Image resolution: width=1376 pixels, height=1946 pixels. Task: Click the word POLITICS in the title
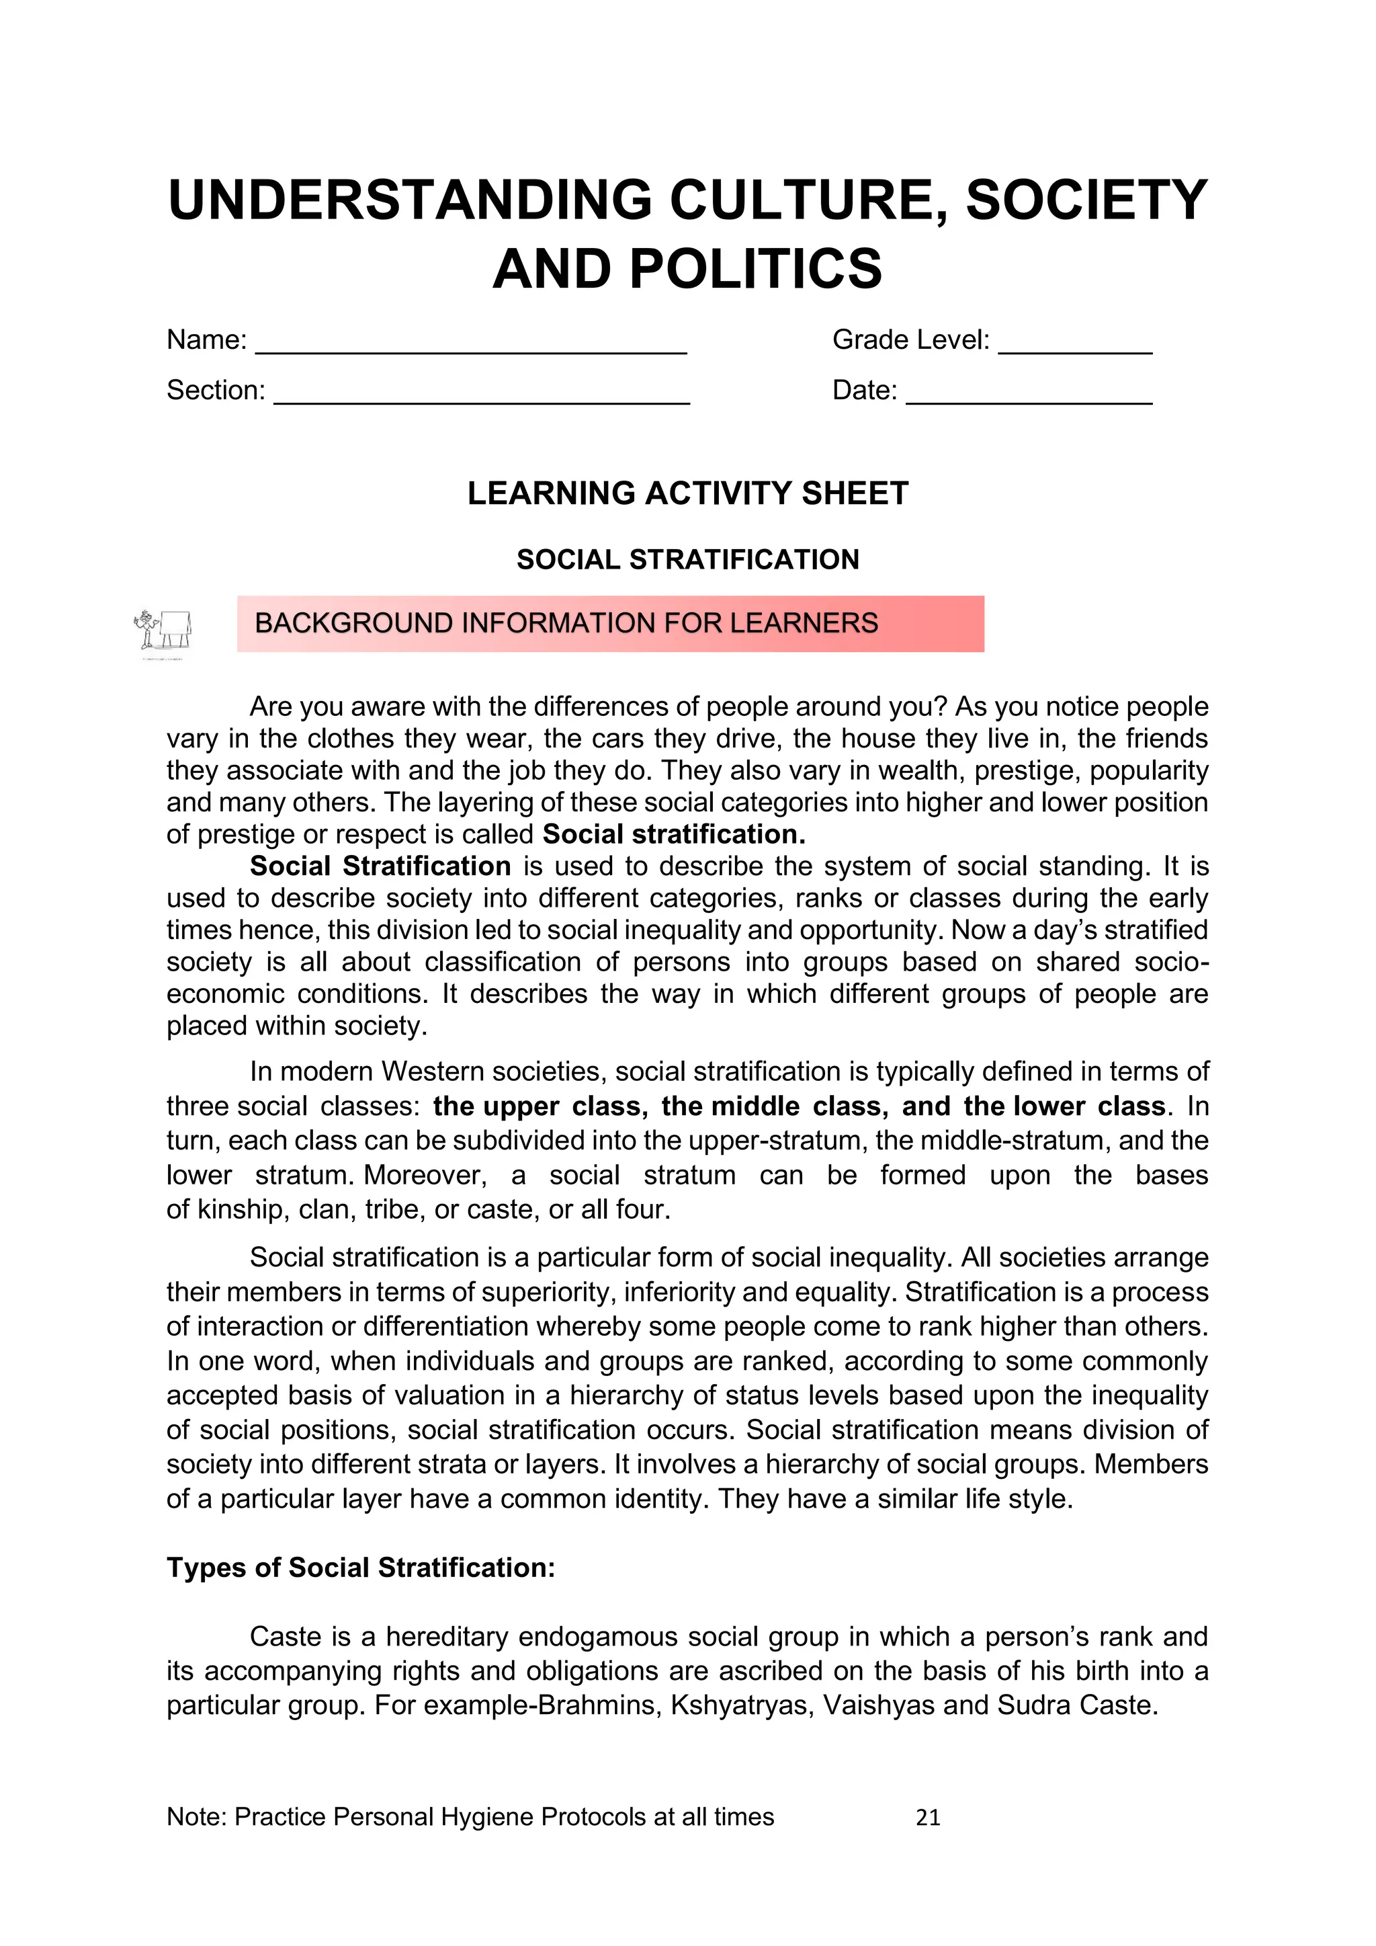[756, 269]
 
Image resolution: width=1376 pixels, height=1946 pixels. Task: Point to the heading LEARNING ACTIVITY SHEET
[687, 493]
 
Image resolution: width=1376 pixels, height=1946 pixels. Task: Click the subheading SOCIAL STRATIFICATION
[687, 559]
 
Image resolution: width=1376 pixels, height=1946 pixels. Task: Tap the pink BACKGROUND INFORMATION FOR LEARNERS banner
[610, 624]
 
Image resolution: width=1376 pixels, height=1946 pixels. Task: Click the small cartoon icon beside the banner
[163, 631]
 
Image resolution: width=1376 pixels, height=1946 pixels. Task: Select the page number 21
[928, 1817]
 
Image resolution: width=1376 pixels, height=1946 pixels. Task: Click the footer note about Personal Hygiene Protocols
[470, 1817]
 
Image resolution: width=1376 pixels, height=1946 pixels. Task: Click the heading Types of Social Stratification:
[361, 1568]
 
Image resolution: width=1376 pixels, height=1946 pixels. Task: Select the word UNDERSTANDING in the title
[410, 200]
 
